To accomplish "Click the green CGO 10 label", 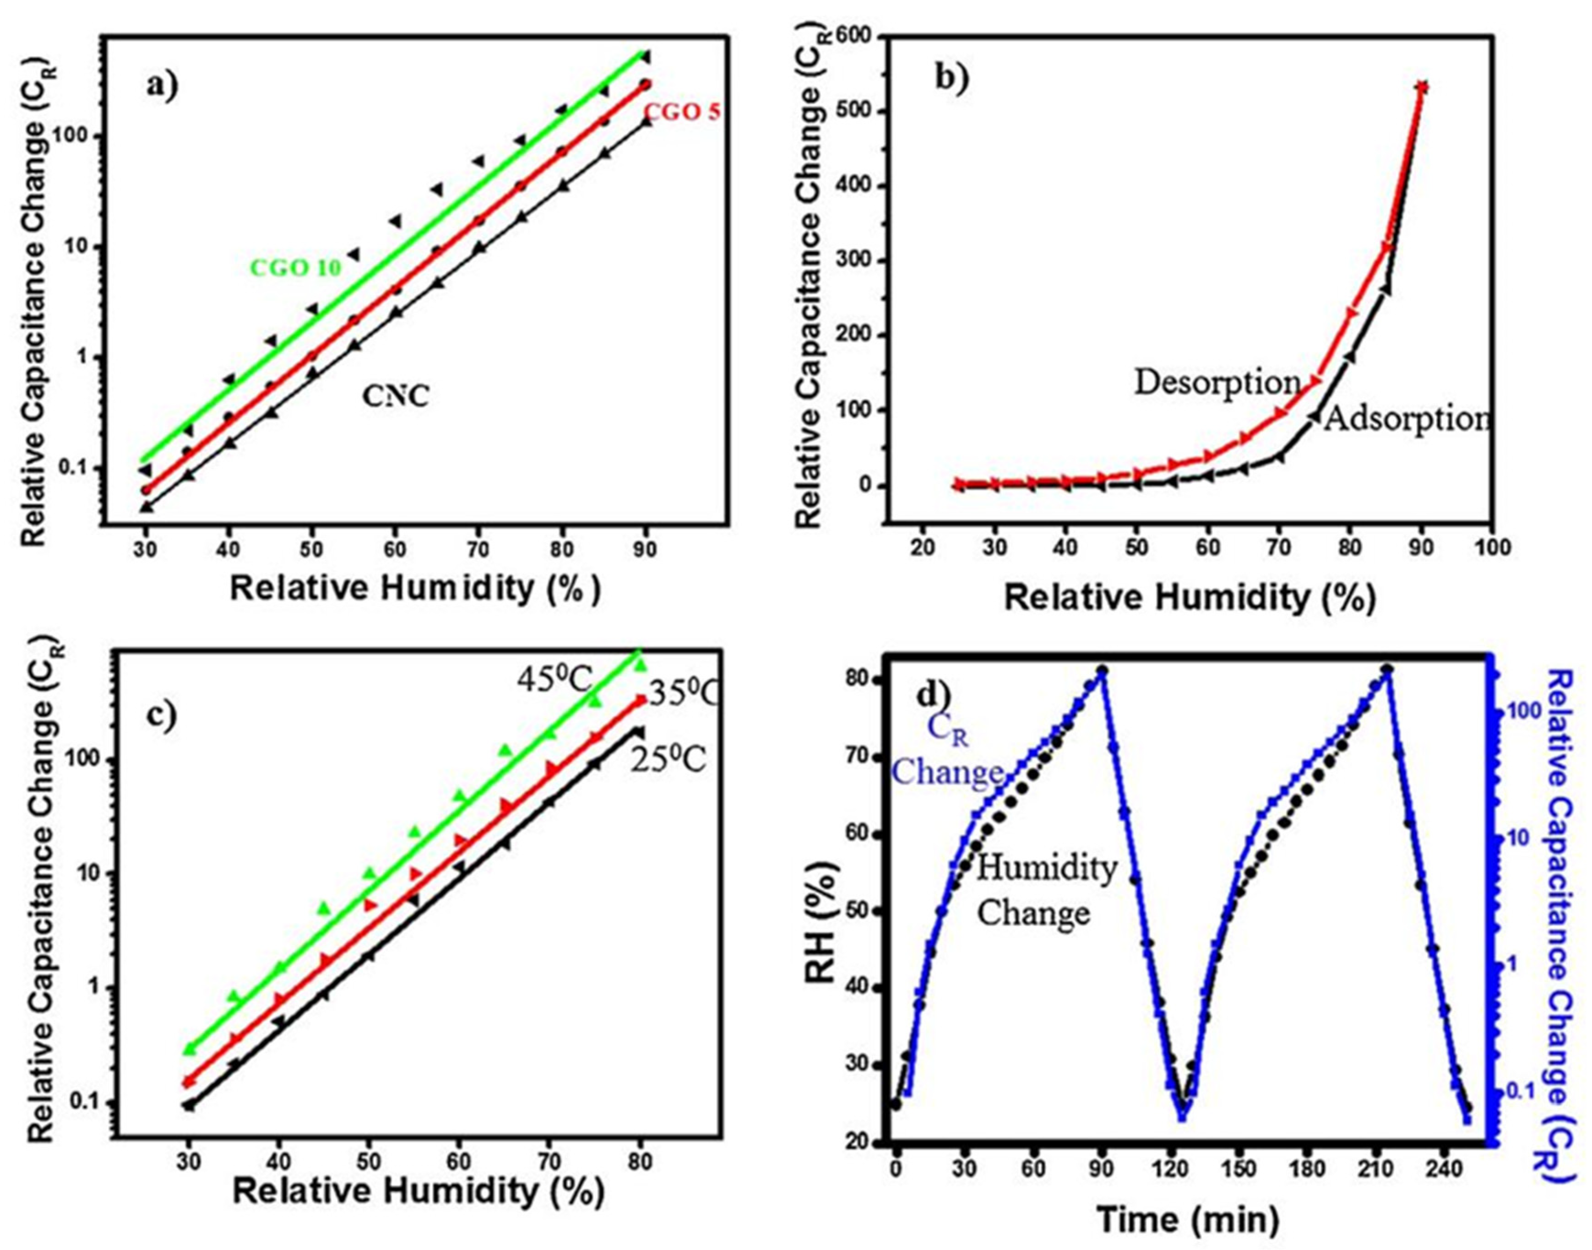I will pos(296,268).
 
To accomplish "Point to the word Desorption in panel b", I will pos(1217,382).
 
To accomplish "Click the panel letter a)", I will pos(162,87).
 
